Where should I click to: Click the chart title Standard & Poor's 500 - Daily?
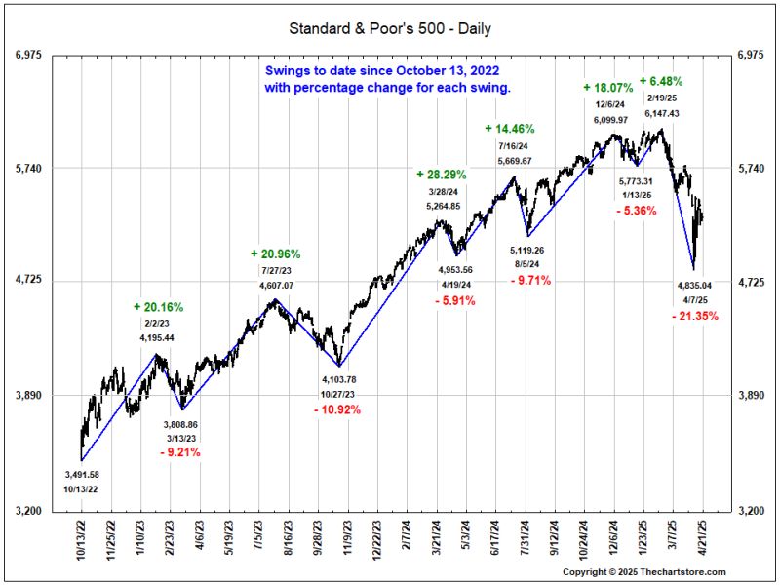click(389, 28)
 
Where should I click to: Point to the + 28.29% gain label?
click(441, 174)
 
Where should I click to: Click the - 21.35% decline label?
click(695, 316)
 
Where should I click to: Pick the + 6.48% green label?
click(660, 81)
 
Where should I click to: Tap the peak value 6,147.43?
click(662, 113)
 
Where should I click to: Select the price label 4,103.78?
click(337, 379)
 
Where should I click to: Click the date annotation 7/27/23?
click(277, 269)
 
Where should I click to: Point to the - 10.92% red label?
click(337, 409)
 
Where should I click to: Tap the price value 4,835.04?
click(695, 286)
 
